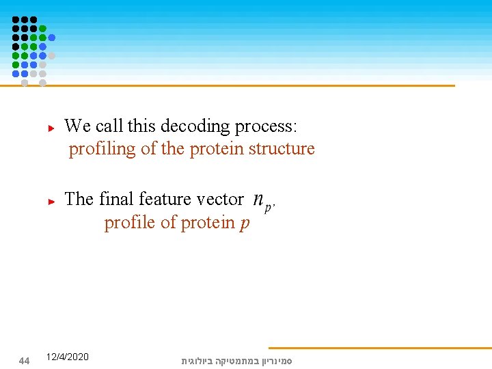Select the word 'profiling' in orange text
pos(102,149)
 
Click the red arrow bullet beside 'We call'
pos(51,128)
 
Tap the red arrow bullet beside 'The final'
pos(51,201)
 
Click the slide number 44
pos(24,361)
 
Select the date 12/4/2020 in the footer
pos(67,357)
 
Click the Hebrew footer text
pos(236,360)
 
